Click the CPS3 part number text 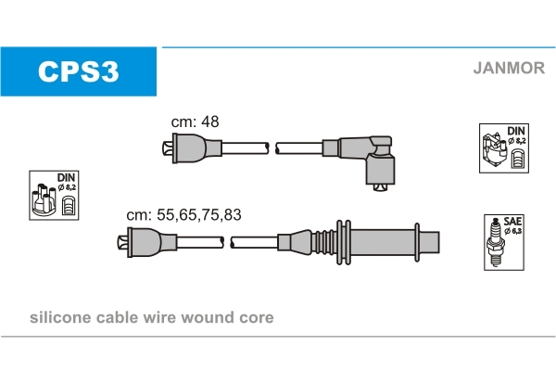pos(79,71)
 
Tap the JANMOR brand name pos(509,68)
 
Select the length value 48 pos(210,122)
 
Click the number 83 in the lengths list pos(233,214)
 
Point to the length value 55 pos(166,214)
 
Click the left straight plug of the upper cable pos(192,148)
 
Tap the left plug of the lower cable pos(146,242)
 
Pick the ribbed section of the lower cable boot pos(323,242)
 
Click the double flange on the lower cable pos(343,242)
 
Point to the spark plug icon pos(496,243)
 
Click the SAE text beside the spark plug pos(512,222)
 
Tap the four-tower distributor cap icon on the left pos(43,199)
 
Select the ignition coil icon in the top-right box pos(494,151)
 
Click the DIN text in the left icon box pos(67,177)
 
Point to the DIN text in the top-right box pos(516,131)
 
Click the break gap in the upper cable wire pos(272,148)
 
